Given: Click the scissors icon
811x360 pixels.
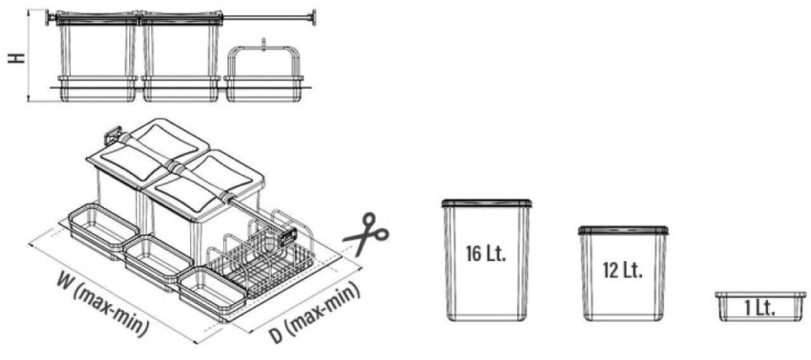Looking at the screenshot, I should point(366,234).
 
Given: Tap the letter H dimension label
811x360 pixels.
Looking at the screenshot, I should point(14,57).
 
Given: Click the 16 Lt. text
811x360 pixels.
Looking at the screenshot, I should point(486,254).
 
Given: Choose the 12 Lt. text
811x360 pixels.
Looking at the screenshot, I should point(623,270).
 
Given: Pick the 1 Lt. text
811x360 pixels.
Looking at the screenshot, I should point(759,308).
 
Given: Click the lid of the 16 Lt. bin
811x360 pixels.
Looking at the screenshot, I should point(487,203).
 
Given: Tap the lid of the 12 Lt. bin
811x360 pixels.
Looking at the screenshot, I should point(623,230).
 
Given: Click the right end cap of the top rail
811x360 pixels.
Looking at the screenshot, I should point(313,17).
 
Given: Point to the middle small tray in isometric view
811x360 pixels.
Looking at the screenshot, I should point(159,256).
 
